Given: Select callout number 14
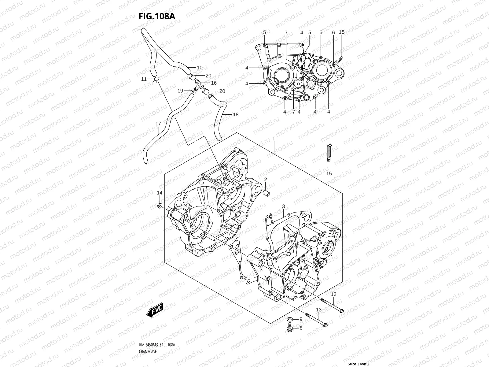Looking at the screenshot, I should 160,193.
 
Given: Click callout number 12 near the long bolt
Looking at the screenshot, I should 333,294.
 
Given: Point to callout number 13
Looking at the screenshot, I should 319,310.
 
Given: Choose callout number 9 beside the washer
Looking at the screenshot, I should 301,319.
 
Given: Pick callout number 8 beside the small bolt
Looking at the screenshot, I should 301,328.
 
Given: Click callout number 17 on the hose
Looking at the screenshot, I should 158,124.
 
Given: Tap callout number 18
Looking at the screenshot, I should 236,115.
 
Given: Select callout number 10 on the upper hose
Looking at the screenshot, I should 200,68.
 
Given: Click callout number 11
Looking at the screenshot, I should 144,80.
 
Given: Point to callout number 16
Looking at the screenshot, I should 214,83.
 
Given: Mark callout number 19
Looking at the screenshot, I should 180,91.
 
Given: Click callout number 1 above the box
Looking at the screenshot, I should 274,139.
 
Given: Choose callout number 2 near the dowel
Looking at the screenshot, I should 266,179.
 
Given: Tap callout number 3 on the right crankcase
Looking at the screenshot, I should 284,206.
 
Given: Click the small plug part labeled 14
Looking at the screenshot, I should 160,206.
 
